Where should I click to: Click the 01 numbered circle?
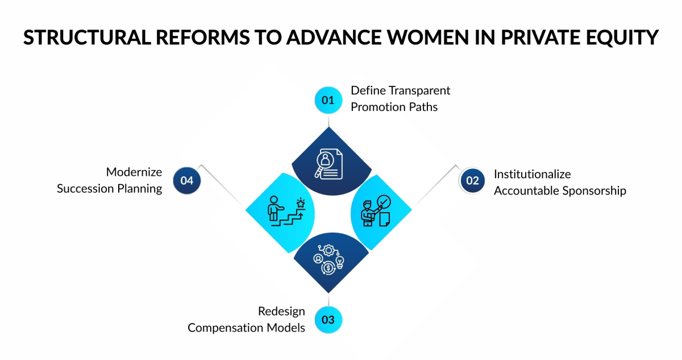[328, 100]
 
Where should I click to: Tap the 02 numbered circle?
[472, 181]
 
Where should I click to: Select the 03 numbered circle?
[328, 320]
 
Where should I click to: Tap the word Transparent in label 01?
[418, 90]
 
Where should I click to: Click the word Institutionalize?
[532, 174]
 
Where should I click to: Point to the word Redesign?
[281, 311]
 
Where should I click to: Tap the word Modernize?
[134, 172]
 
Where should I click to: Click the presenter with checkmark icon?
[376, 211]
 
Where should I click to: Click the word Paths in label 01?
[423, 106]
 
